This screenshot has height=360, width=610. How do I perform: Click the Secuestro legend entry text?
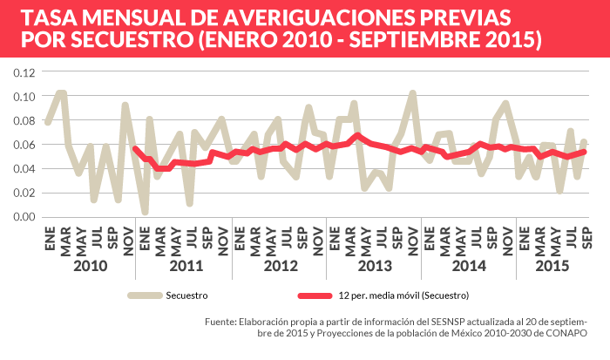186,295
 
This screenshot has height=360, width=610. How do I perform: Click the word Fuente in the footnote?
221,322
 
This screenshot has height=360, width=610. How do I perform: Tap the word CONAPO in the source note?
567,334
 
